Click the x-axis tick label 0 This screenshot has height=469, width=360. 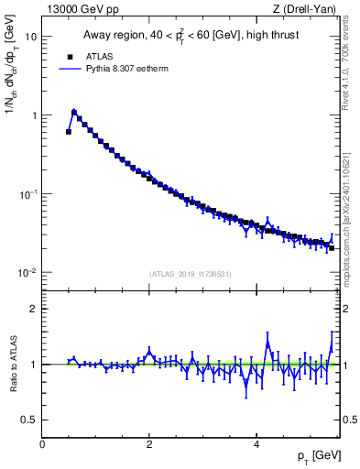[x=42, y=442]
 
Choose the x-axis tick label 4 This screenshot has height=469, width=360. [x=256, y=442]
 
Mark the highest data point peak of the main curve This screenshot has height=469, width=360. [x=74, y=112]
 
